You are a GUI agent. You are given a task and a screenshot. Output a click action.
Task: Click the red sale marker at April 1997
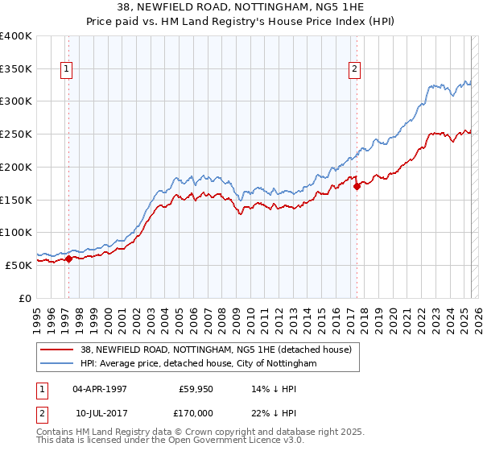point(68,259)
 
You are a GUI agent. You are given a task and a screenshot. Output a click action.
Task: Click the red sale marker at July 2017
point(357,186)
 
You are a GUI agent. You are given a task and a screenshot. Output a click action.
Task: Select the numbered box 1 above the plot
point(65,70)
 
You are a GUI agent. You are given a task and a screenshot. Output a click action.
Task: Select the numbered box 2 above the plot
point(354,70)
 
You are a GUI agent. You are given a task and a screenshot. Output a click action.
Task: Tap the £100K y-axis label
point(16,232)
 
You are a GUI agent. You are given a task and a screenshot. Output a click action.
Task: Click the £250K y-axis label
point(16,134)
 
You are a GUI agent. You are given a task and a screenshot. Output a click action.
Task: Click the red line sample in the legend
point(57,350)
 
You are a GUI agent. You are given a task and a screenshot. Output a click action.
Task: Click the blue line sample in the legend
point(57,364)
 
